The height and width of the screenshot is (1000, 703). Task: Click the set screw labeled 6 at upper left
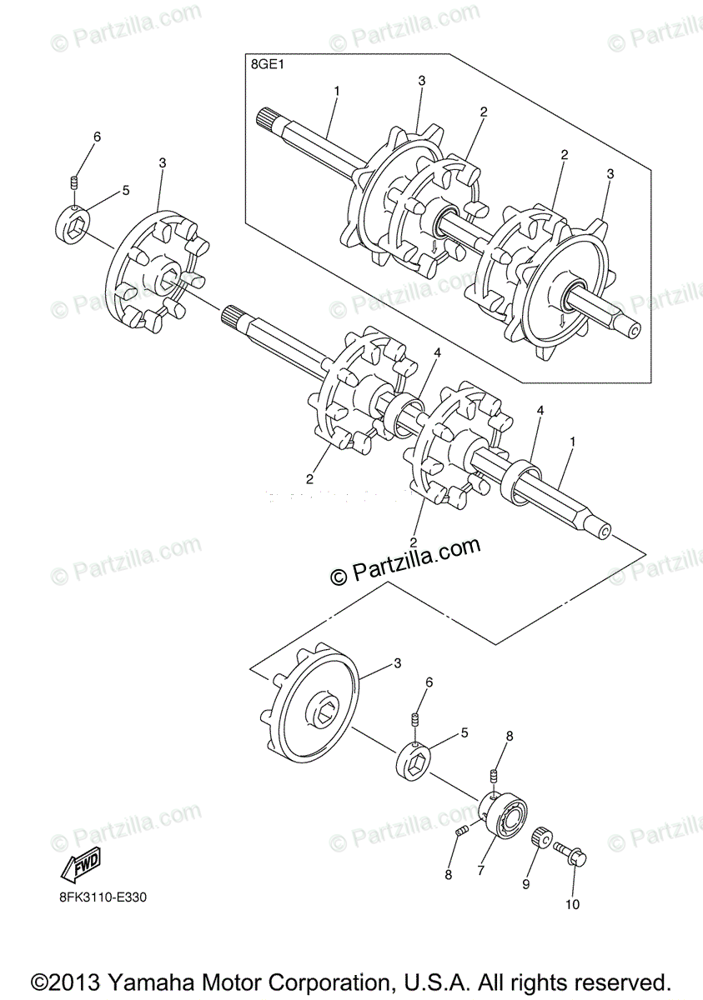(74, 182)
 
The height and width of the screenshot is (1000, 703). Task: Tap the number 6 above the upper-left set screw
(97, 137)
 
